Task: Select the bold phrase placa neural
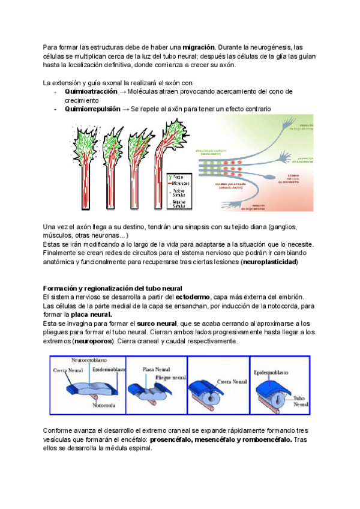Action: [91, 315]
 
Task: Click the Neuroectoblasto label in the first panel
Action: [89, 360]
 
